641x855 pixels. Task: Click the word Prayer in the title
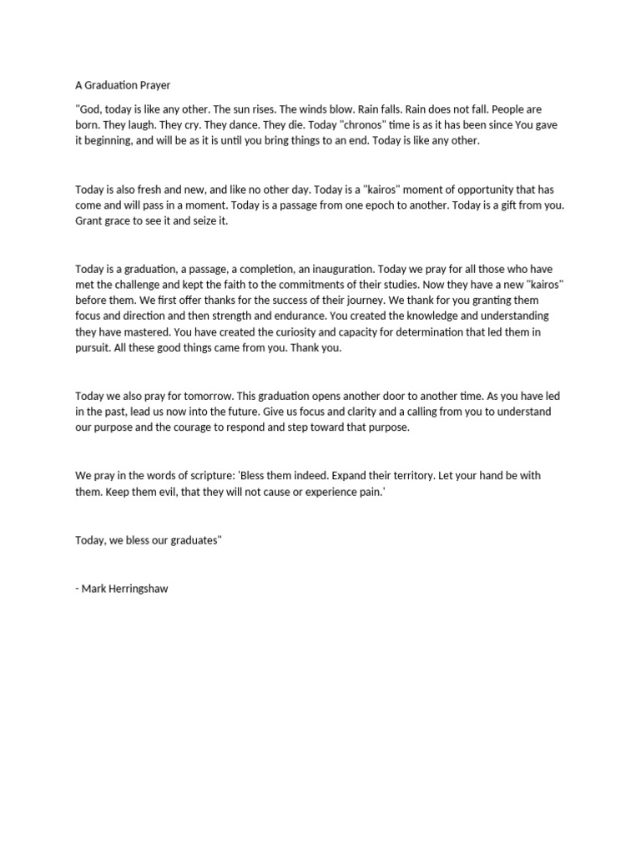click(x=154, y=84)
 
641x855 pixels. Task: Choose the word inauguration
click(x=340, y=269)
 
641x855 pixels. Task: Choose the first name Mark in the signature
click(x=94, y=588)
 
